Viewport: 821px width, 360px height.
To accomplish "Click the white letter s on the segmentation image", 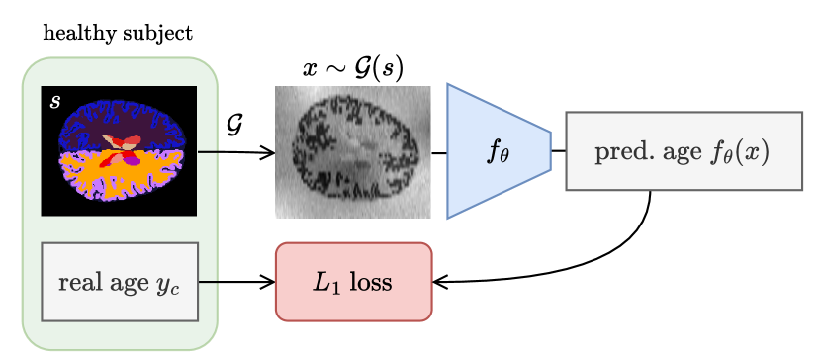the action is (55, 101).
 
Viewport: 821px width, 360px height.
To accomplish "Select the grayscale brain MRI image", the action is (352, 151).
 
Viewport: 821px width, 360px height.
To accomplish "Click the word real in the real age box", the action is (79, 282).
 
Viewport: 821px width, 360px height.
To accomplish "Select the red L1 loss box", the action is (353, 282).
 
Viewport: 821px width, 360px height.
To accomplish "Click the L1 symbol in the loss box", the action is (326, 282).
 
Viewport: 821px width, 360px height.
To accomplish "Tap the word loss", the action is (371, 282).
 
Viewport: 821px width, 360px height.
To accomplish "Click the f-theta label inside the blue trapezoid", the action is (498, 151).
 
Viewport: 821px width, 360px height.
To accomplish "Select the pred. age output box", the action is (684, 151).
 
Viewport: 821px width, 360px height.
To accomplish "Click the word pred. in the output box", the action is (619, 152).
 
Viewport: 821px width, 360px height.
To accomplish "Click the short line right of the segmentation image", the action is (208, 152).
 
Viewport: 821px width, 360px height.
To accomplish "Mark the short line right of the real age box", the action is (208, 282).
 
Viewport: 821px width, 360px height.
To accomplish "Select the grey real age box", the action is (120, 282).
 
